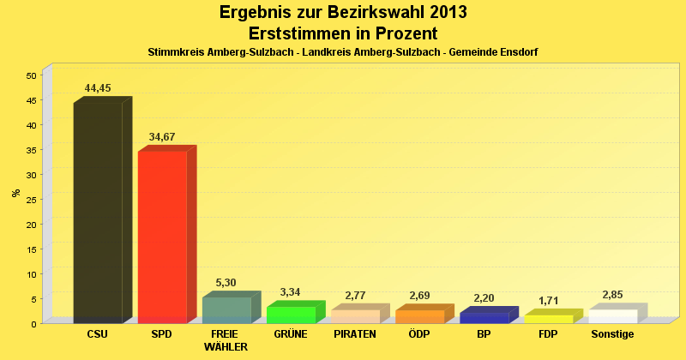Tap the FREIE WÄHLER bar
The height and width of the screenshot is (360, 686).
tap(226, 310)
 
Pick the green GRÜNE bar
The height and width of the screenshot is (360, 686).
tap(291, 315)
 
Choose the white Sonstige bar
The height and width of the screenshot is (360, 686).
tap(612, 316)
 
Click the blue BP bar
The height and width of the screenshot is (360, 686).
tap(484, 317)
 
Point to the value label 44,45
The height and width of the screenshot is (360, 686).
tap(98, 88)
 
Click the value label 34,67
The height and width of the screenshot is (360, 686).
tap(162, 137)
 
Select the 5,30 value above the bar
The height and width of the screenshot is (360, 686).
tap(226, 283)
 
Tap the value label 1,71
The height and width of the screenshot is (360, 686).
tap(549, 301)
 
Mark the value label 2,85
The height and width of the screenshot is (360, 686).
tap(612, 295)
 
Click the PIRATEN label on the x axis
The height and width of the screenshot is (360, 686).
tap(355, 334)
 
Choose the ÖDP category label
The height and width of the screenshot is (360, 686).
tap(419, 334)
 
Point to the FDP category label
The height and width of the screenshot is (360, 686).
tap(548, 334)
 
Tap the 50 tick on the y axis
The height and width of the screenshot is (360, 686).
tap(30, 75)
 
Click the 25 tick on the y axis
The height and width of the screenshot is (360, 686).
tap(30, 200)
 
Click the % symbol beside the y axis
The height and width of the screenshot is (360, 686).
tap(15, 193)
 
